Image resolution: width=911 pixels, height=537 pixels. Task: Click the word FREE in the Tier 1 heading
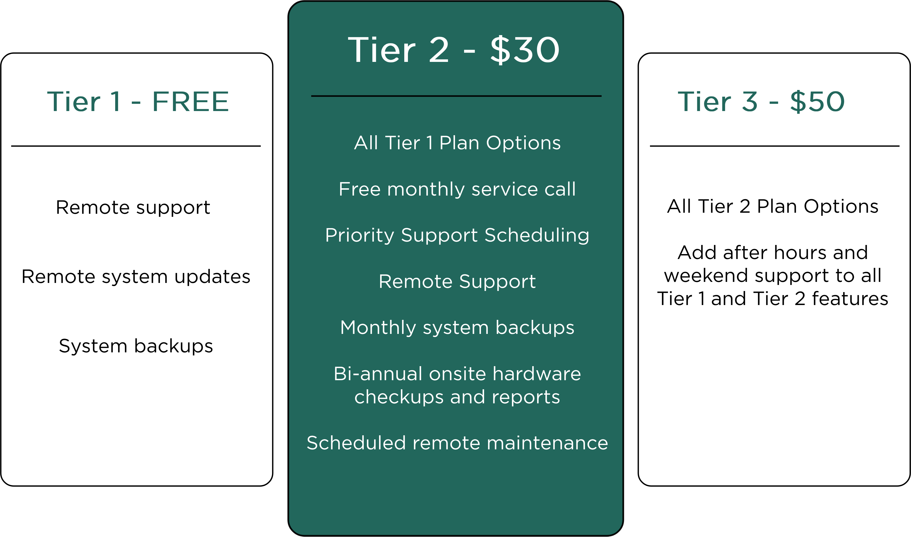(191, 101)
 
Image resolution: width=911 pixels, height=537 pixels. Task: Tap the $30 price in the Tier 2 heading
(525, 50)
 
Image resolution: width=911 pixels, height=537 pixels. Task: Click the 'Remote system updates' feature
(136, 277)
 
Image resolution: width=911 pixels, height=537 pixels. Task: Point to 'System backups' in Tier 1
(136, 346)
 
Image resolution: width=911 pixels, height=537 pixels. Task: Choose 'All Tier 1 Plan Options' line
(457, 143)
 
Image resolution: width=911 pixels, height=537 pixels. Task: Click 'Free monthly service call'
(457, 189)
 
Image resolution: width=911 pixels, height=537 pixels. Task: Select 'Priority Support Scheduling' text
(457, 236)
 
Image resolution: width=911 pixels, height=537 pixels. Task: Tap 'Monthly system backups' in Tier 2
(457, 328)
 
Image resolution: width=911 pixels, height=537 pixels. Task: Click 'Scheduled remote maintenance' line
(457, 443)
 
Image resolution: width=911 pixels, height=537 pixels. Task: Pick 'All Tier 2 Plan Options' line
(773, 207)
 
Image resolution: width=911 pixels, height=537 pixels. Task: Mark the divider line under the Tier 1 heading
(136, 146)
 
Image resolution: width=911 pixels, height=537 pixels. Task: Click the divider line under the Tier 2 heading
(456, 96)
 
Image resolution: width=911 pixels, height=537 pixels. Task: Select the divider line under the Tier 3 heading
(775, 146)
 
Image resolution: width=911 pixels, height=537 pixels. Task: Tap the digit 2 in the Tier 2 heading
(439, 50)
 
